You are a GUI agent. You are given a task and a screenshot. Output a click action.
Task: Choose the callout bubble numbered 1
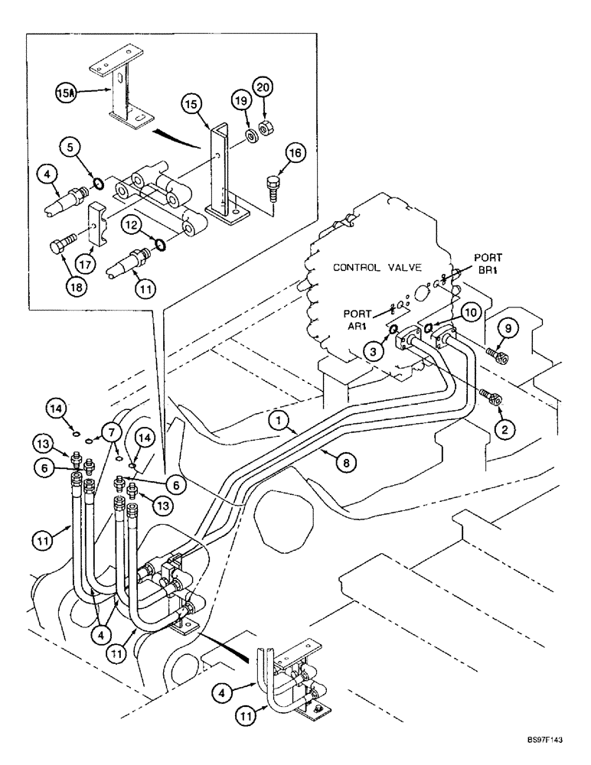[x=279, y=419]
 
